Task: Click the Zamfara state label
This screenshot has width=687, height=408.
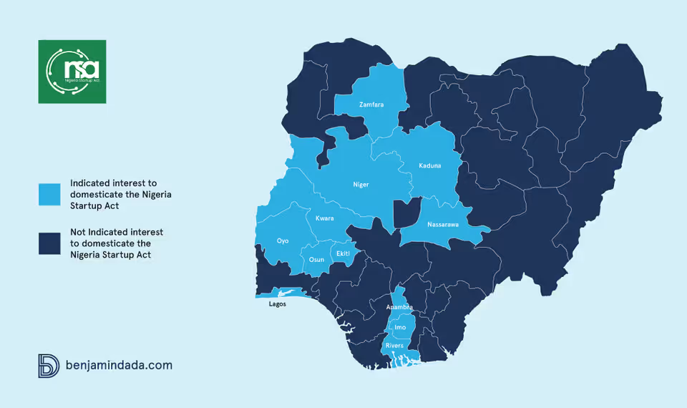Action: (x=371, y=105)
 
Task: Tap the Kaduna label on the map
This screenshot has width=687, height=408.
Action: (x=430, y=166)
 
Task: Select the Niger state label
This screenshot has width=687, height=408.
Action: (x=361, y=185)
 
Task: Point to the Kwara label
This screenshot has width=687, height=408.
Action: (x=324, y=218)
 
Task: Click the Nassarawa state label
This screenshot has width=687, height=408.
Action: (x=443, y=225)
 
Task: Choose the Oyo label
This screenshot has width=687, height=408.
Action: (x=283, y=241)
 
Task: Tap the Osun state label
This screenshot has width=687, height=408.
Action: (x=316, y=260)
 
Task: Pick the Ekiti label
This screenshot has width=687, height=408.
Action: (x=343, y=253)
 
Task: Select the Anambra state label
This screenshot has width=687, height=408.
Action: (x=400, y=307)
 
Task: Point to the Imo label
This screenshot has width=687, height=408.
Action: (x=400, y=327)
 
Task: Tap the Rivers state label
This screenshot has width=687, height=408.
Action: (x=394, y=346)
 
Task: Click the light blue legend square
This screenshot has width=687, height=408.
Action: (x=49, y=195)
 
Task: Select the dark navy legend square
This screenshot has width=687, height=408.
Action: (x=49, y=243)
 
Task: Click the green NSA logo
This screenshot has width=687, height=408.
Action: (x=72, y=72)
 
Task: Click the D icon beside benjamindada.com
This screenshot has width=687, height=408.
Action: (x=47, y=365)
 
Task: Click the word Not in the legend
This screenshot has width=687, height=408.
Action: (x=78, y=232)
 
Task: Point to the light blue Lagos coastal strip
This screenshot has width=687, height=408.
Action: (x=286, y=293)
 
